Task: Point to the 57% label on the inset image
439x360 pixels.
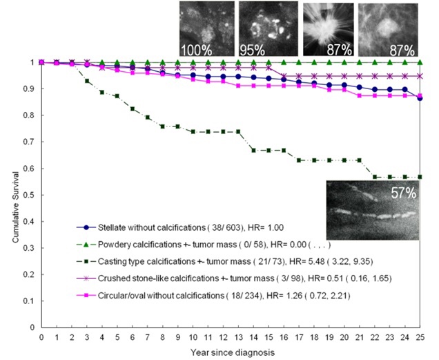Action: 404,193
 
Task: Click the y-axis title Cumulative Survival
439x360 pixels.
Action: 14,193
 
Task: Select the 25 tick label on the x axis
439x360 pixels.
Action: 420,337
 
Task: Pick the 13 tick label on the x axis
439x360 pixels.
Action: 238,337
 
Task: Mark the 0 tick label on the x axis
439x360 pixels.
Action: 41,337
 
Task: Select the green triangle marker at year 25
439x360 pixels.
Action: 420,62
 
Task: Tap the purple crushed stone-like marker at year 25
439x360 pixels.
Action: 420,76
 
